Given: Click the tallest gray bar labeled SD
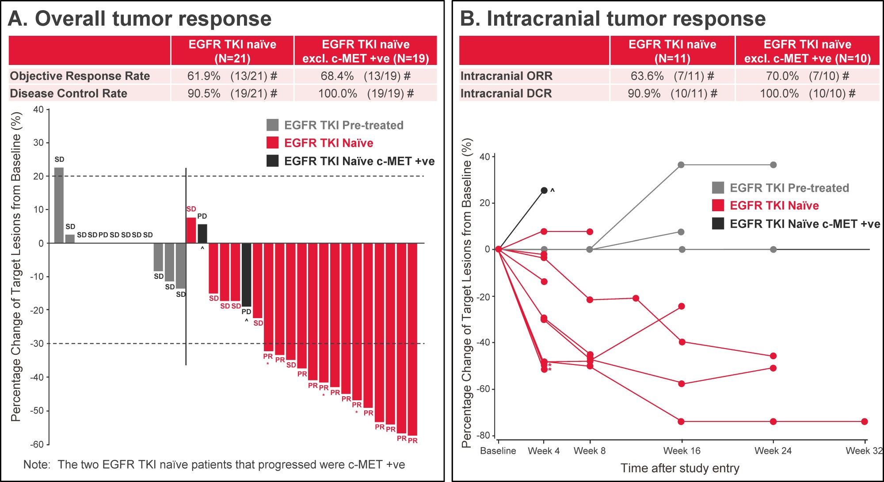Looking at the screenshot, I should [59, 205].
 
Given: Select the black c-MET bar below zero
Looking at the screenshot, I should [246, 275].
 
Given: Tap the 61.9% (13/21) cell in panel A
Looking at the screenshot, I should [232, 76].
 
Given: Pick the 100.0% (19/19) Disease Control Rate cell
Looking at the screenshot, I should [366, 94].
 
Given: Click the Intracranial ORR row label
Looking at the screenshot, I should [507, 76].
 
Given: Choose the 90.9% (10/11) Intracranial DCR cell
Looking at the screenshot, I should [672, 94].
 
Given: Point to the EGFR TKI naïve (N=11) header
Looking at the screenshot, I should [673, 51].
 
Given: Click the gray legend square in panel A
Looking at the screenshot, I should [273, 125].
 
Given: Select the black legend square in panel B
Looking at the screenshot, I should [718, 224].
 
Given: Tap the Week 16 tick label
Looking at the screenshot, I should [682, 451].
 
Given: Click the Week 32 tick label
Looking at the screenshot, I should [864, 451].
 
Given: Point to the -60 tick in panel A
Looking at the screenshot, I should [37, 444].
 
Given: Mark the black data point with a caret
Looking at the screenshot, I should [544, 190].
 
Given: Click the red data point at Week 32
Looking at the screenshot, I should [865, 421].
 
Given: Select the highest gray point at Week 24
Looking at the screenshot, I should [773, 165].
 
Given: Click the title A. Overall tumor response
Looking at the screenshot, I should [140, 19].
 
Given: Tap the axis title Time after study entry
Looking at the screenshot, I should [680, 468].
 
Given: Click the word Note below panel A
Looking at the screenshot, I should [36, 465].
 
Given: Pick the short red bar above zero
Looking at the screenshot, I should [191, 230].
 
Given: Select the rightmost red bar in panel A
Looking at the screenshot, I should [412, 339].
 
